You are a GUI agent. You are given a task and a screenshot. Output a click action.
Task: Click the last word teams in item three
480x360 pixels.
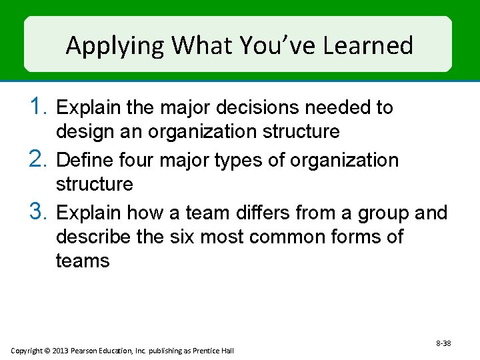[x=83, y=261]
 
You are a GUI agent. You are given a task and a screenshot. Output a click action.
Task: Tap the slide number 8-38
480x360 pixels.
[x=443, y=343]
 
